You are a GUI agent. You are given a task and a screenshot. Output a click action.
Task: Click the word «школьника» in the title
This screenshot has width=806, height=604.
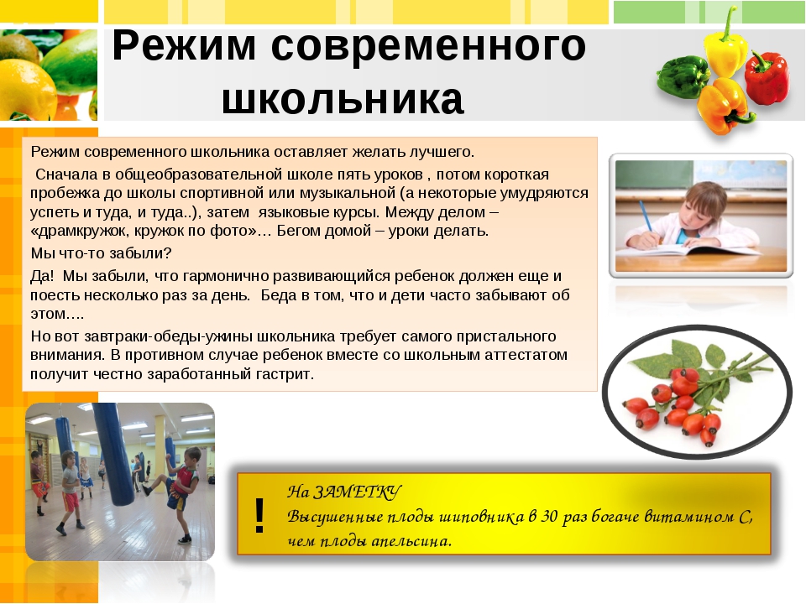pyautogui.click(x=343, y=99)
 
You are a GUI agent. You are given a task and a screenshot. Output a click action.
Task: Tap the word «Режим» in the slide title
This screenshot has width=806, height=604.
pyautogui.click(x=184, y=46)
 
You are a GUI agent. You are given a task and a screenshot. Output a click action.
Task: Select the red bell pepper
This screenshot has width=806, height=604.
pyautogui.click(x=767, y=77)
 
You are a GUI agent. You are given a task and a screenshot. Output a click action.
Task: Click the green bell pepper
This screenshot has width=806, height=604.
pyautogui.click(x=683, y=77)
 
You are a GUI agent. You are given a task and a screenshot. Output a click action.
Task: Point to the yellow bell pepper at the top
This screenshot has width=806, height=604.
pyautogui.click(x=725, y=49)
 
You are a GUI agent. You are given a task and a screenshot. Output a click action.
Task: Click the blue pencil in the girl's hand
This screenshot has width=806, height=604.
pyautogui.click(x=646, y=216)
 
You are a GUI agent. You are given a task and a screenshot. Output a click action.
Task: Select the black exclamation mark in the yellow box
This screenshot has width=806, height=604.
pyautogui.click(x=259, y=516)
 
